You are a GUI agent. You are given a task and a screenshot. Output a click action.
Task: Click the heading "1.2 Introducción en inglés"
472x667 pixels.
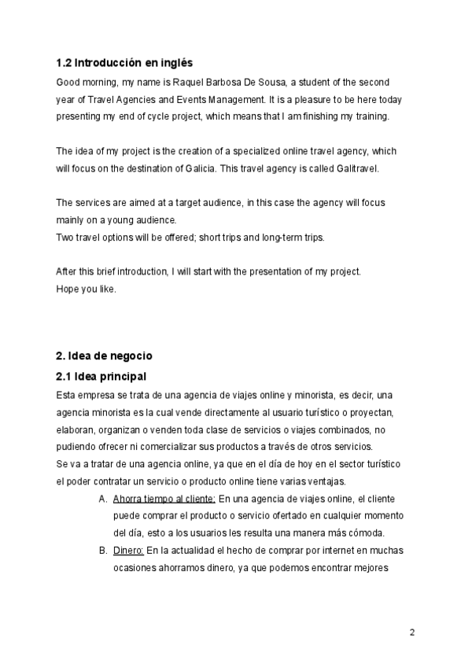[124, 62]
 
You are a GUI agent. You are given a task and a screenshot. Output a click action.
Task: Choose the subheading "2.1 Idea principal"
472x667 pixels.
[101, 376]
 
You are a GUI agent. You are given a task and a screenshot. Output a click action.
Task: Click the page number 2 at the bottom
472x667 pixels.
[411, 632]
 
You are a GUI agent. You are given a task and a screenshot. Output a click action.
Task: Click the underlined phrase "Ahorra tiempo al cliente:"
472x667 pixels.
[164, 499]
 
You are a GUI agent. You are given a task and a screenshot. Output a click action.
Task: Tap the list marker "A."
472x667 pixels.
[104, 499]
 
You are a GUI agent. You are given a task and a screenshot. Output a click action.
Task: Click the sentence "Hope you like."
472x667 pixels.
[87, 288]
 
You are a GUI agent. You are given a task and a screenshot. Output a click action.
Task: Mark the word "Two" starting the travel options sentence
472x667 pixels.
[66, 238]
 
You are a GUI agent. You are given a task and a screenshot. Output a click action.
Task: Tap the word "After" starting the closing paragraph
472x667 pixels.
[68, 271]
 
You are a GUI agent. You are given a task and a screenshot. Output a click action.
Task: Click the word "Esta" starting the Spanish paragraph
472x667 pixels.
[68, 395]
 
